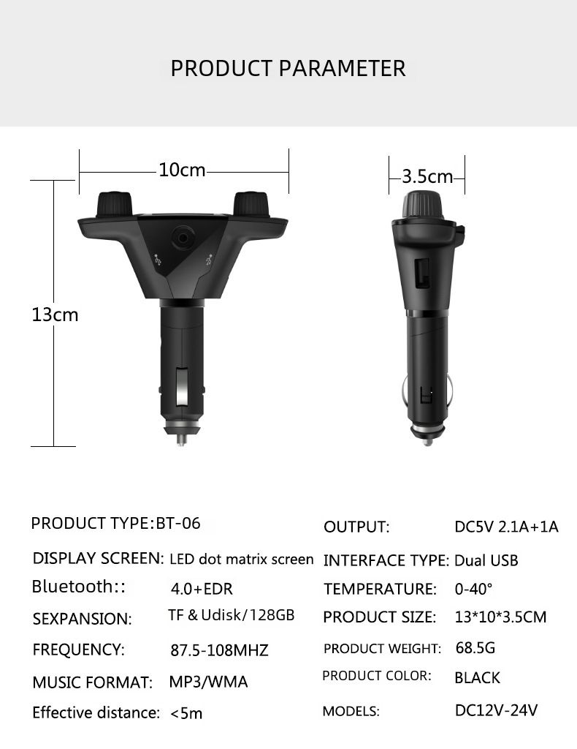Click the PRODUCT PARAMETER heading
tap(288, 68)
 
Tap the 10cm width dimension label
tap(182, 170)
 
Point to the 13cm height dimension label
tap(54, 315)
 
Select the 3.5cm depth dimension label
tap(427, 176)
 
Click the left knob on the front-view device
tap(113, 203)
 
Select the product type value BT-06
tap(178, 523)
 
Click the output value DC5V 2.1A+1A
tap(506, 527)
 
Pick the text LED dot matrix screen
tap(241, 560)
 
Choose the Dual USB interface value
tap(486, 560)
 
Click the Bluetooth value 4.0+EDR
tap(202, 588)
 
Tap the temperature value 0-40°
tap(473, 589)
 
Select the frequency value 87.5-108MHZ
tap(219, 650)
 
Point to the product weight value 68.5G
tap(475, 648)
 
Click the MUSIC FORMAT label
tap(92, 682)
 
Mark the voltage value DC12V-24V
tap(496, 710)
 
